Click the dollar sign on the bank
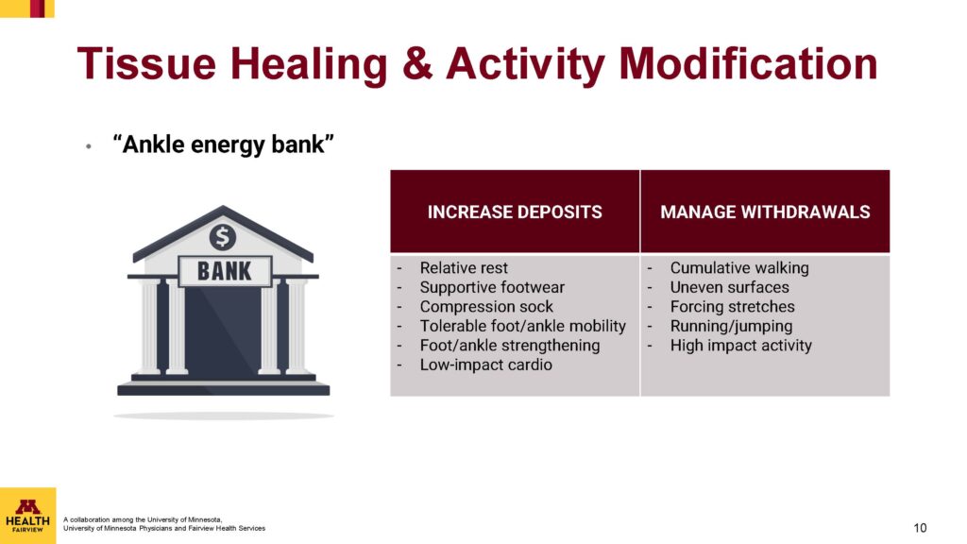(x=223, y=237)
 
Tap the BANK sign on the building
(x=225, y=271)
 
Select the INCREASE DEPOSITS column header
(x=515, y=212)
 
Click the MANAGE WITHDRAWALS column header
(x=765, y=212)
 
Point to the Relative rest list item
(x=464, y=267)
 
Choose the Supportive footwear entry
(x=492, y=287)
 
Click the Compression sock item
(x=486, y=307)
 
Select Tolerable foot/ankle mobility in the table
(x=523, y=326)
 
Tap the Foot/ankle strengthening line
(x=510, y=346)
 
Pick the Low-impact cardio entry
(x=486, y=365)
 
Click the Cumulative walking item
(x=739, y=267)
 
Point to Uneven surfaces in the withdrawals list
(x=730, y=287)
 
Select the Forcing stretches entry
(x=733, y=307)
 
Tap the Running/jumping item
(x=732, y=326)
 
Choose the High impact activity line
(x=741, y=346)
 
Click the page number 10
(x=920, y=528)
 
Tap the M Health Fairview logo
(x=27, y=516)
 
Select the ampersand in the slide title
(x=417, y=63)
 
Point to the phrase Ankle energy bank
(x=223, y=144)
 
